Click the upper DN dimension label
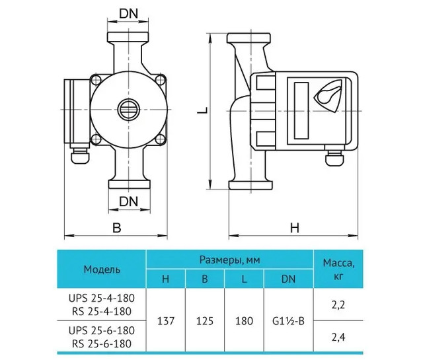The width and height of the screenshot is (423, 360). point(129,14)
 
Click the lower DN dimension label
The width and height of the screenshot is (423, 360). point(129,201)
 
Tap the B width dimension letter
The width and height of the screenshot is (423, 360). point(117,228)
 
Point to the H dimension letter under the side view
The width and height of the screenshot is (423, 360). point(295,228)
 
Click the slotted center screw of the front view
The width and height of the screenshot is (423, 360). point(129,110)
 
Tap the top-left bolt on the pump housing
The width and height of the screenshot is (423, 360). point(95,80)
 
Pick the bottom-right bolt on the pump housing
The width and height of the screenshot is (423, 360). point(160,139)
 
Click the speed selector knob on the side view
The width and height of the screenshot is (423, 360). point(328,95)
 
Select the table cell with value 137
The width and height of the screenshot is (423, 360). point(166,321)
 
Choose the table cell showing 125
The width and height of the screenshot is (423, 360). point(205,321)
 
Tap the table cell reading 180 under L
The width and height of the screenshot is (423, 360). point(244,321)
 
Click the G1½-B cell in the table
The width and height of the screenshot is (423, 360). point(288,321)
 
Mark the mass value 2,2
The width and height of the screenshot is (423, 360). point(338,305)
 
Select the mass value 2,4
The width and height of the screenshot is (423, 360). point(338,337)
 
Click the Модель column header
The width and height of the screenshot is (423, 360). point(102,269)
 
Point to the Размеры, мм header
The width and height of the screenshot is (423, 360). point(230,260)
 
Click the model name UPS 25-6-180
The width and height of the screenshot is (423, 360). point(102,330)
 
